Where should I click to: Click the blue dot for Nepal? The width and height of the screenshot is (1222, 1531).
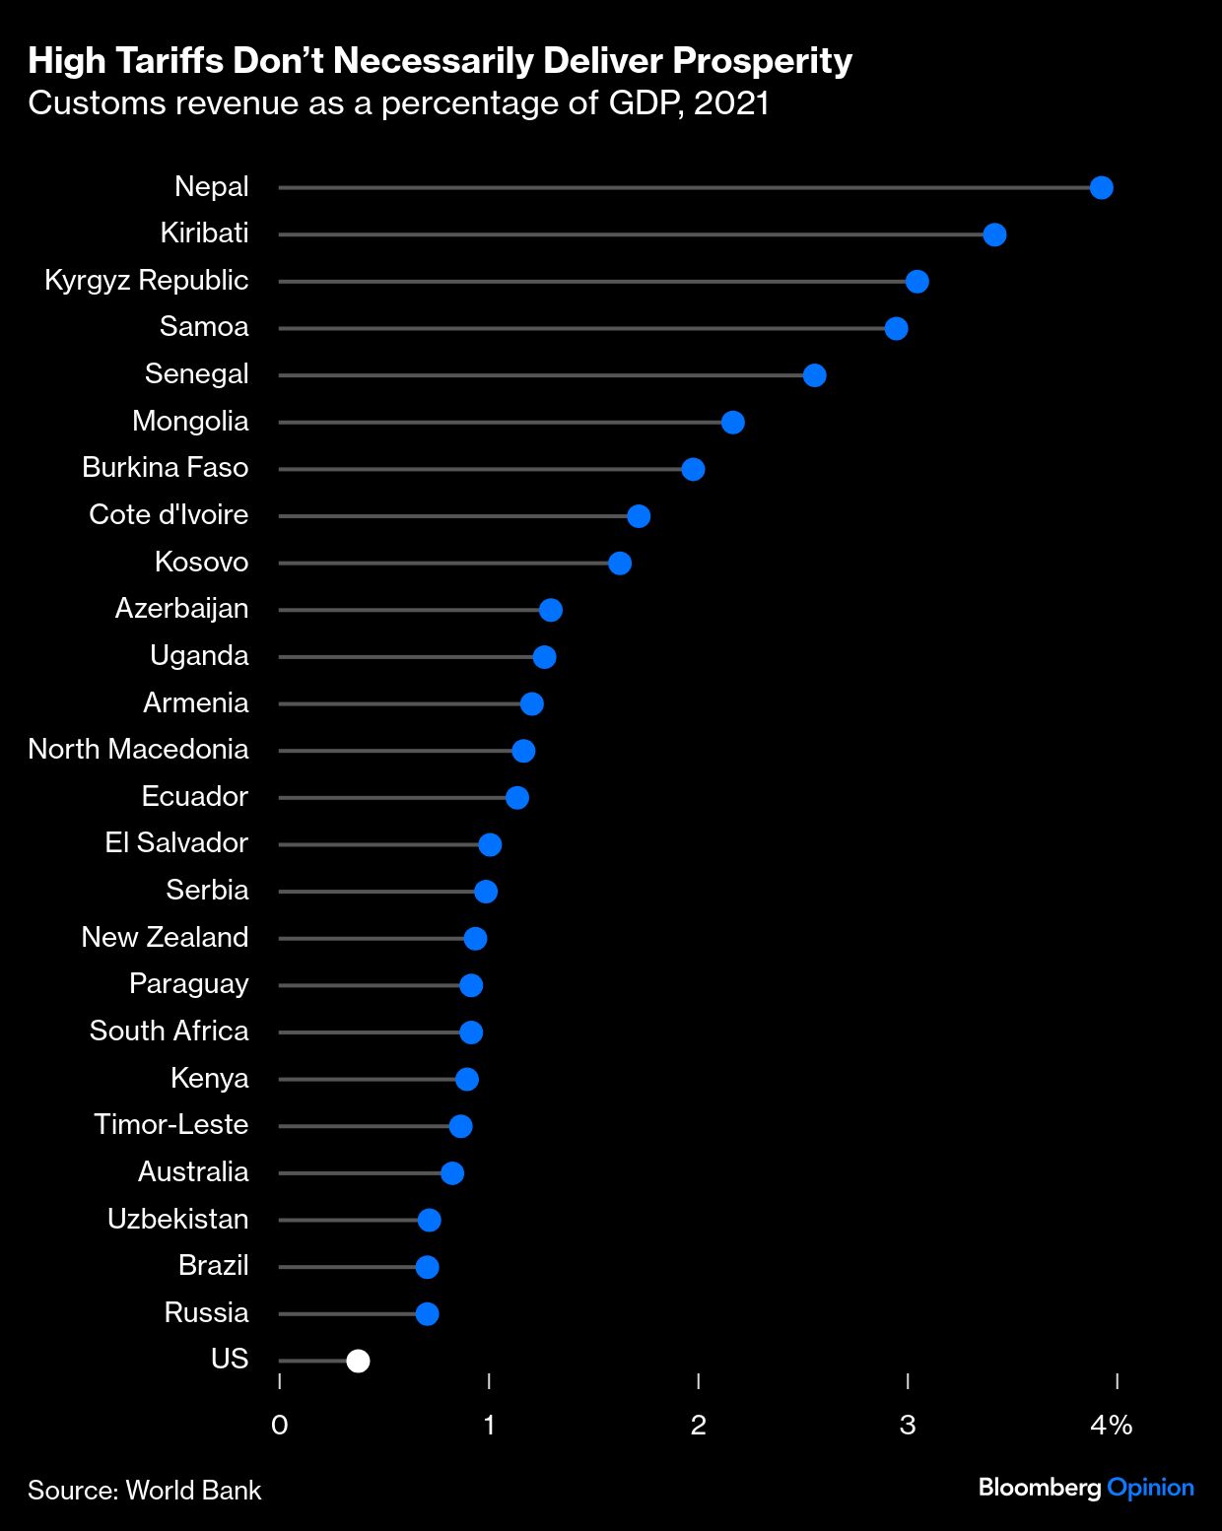point(1101,187)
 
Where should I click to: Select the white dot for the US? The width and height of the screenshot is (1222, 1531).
point(358,1361)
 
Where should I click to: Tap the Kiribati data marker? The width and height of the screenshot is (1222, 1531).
point(994,234)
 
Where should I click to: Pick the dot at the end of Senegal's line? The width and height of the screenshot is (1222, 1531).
point(814,375)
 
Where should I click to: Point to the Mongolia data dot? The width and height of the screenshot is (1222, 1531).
point(732,423)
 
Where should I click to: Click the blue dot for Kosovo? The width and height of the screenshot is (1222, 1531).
point(619,564)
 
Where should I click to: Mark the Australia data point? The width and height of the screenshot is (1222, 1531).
point(452,1172)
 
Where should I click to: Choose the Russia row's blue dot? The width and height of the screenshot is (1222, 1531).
point(427,1313)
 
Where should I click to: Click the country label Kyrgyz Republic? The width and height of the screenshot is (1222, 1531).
point(146,281)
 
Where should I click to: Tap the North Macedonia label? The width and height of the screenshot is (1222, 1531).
point(138,750)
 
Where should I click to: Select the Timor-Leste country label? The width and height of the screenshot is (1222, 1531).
point(170,1125)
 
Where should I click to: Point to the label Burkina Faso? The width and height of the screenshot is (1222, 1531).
point(165,468)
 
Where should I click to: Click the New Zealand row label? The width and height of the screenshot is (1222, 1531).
point(165,938)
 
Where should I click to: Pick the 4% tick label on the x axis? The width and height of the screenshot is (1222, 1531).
point(1111,1425)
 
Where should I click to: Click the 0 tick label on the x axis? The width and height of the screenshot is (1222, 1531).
point(280,1425)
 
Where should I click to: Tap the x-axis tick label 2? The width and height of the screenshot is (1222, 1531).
point(698,1425)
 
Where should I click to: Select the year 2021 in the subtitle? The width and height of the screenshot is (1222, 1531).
point(730,103)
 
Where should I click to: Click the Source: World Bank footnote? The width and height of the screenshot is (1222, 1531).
point(145,1490)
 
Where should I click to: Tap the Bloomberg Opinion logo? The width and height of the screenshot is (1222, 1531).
point(1085,1488)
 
